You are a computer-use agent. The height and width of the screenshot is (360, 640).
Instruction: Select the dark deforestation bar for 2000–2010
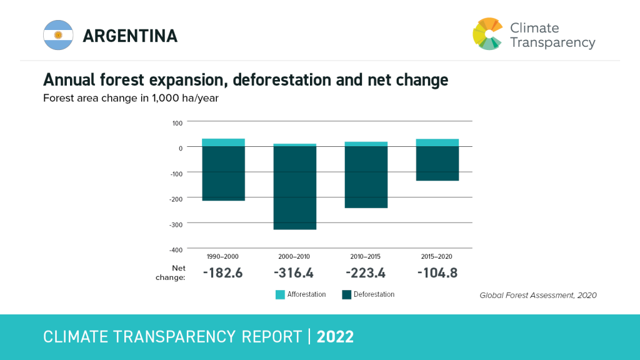click(294, 187)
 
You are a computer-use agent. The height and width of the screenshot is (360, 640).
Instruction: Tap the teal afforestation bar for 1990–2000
click(223, 142)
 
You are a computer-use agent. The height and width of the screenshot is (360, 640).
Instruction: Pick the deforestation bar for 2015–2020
click(437, 164)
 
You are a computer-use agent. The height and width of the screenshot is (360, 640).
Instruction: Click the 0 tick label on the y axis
click(180, 147)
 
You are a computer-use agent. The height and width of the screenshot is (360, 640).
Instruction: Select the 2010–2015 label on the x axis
click(366, 256)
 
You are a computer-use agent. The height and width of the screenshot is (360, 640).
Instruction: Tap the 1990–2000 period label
click(222, 256)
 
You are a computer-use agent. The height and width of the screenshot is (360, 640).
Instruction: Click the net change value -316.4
click(294, 273)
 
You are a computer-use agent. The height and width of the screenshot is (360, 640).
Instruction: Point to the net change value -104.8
click(437, 273)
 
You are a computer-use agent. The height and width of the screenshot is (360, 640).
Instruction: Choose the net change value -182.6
click(222, 273)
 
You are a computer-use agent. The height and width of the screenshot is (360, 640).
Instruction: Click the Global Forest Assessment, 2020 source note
click(537, 295)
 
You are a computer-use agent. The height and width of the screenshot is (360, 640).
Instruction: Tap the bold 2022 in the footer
click(335, 337)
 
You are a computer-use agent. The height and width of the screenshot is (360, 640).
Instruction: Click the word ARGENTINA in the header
click(130, 36)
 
